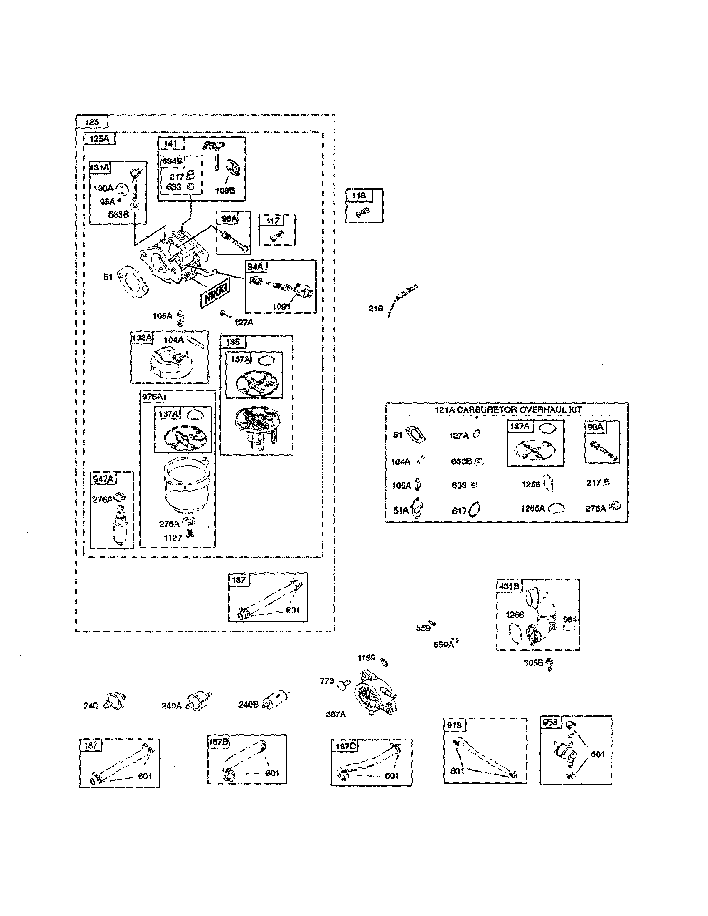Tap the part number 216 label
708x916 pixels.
pos(375,309)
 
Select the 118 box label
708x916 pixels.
pos(359,195)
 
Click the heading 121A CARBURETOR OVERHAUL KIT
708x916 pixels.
pos(508,410)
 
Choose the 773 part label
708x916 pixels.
pos(327,681)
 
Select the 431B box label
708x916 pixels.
pos(509,586)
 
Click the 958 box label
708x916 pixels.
pos(550,722)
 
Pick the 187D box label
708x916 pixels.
pos(346,746)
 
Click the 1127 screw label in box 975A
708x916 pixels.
pos(173,538)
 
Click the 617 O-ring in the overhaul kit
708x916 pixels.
pos(474,510)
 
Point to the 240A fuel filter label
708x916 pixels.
pos(171,706)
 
